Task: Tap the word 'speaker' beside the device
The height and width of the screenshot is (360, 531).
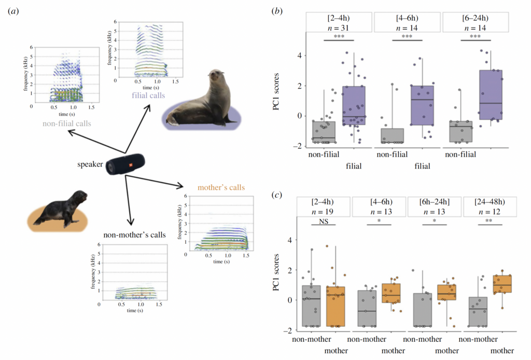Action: (90, 165)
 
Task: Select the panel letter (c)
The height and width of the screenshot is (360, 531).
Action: (277, 195)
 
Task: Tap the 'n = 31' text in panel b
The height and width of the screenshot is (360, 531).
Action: (339, 27)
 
